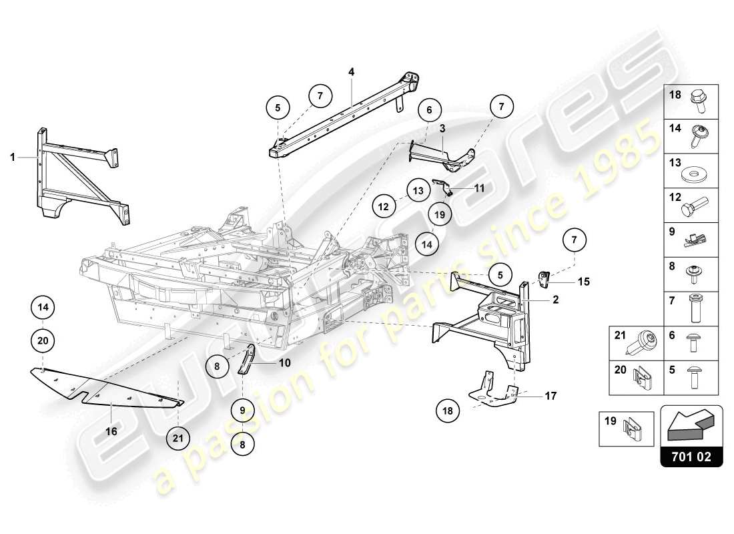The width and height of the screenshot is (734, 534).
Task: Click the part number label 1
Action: (12, 158)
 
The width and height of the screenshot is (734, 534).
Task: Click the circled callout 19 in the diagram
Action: (440, 215)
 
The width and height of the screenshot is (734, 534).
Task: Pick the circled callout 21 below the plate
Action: (178, 438)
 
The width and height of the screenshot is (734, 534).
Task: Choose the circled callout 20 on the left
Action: (43, 340)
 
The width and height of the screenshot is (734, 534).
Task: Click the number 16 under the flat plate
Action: (111, 432)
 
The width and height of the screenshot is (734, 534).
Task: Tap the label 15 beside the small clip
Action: (583, 282)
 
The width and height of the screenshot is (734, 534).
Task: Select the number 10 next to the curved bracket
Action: (285, 363)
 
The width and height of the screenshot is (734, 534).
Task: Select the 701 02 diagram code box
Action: (691, 459)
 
